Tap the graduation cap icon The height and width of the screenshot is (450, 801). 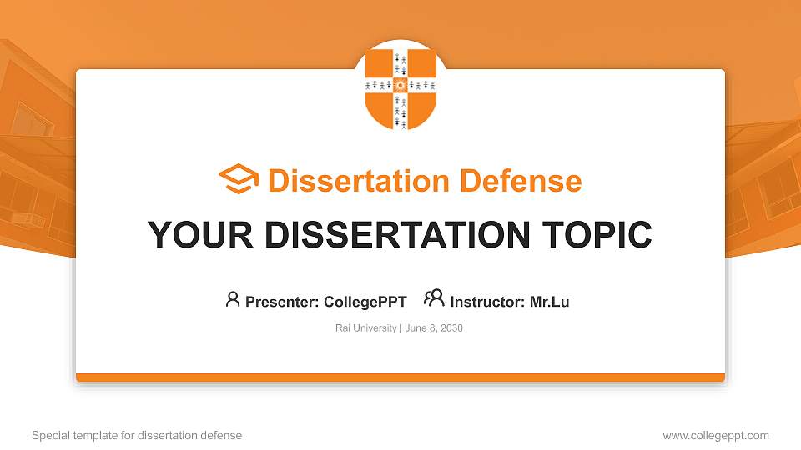(239, 180)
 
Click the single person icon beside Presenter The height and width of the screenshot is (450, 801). (233, 299)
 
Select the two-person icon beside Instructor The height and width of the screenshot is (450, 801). (434, 298)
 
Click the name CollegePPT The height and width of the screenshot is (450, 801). (365, 302)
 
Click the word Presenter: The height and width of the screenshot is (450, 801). (281, 302)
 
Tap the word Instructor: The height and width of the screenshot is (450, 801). (487, 302)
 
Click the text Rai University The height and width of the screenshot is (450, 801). (366, 328)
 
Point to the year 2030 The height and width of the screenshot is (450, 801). (451, 328)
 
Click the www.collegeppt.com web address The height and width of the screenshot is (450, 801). (716, 436)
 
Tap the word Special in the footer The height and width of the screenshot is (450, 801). (49, 436)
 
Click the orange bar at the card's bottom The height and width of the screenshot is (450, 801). (400, 377)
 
